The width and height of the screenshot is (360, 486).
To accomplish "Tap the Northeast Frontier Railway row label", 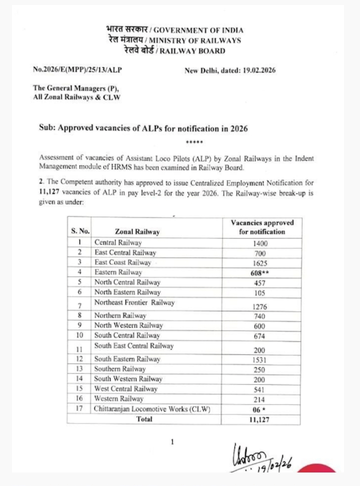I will click(x=134, y=303).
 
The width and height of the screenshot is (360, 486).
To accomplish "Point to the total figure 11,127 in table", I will click(x=259, y=419).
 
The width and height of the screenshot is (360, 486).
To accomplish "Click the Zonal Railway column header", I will click(x=137, y=232).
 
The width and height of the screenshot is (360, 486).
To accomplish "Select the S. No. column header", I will click(x=80, y=231).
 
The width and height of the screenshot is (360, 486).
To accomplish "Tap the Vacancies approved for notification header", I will click(x=262, y=227).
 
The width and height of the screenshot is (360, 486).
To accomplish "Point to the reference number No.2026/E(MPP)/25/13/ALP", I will click(x=77, y=70).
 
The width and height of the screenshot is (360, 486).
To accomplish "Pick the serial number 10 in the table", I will click(x=79, y=335).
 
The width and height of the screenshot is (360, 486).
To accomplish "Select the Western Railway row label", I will click(x=119, y=399).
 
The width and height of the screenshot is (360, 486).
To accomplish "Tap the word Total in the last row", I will click(x=144, y=419).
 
